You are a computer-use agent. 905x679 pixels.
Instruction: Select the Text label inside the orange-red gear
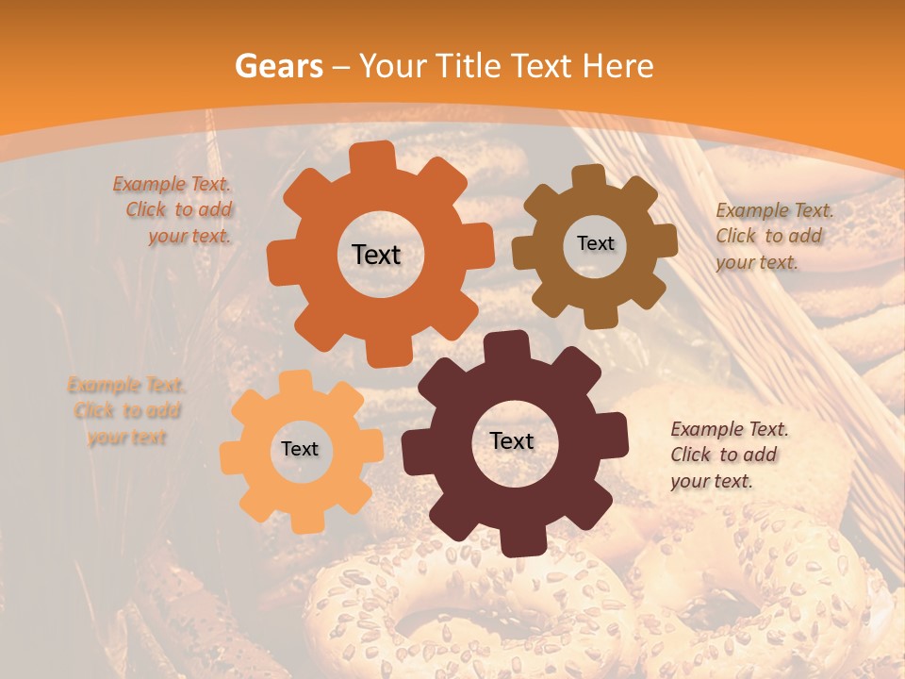point(376,255)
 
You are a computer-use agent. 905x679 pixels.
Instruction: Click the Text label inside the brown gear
point(595,243)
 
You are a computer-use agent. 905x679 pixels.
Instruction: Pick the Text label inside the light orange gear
point(300,449)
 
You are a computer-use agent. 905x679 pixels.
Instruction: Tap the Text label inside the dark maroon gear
point(512,440)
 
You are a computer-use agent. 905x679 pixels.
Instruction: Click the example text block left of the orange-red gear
point(174,210)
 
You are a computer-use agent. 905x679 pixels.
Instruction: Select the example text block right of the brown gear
point(773,236)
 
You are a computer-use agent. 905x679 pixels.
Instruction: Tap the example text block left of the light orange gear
point(126,411)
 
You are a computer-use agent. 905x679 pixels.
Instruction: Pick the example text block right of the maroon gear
point(728,455)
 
